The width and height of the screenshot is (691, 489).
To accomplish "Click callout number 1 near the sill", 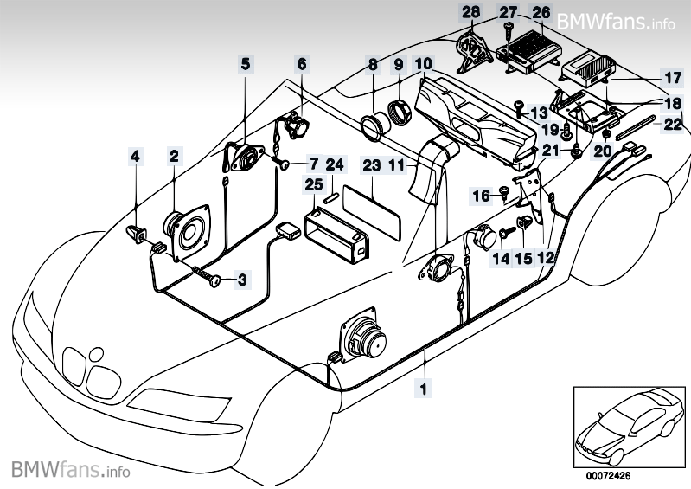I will click(424, 389).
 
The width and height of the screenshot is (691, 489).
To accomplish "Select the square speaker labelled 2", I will click(187, 229).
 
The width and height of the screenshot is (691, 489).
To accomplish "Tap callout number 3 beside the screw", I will click(242, 279).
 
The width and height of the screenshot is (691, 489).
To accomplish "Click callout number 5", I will click(246, 63).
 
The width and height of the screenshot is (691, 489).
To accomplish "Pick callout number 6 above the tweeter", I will click(302, 63).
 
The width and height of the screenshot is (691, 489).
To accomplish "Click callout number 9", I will click(399, 64).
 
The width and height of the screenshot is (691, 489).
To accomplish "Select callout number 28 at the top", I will click(470, 12).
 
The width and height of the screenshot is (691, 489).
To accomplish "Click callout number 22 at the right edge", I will click(673, 124).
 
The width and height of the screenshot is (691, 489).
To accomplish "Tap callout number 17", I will click(673, 76).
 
